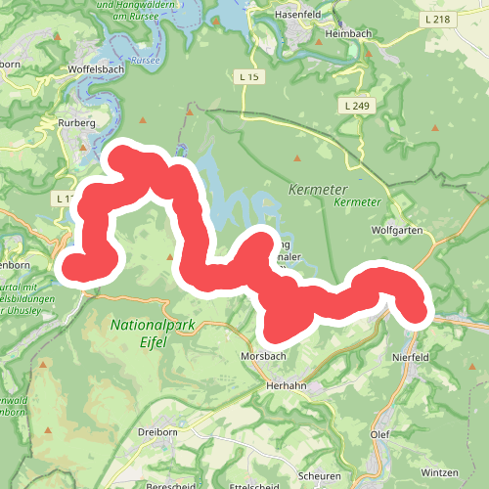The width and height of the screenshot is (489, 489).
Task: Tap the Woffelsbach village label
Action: click(x=94, y=71)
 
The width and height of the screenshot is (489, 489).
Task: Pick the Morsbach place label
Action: click(x=262, y=357)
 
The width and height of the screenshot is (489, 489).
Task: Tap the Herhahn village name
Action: click(x=287, y=386)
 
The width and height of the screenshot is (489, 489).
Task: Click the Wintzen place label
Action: click(x=440, y=473)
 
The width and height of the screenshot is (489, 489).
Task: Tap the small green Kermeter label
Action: click(x=355, y=201)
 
